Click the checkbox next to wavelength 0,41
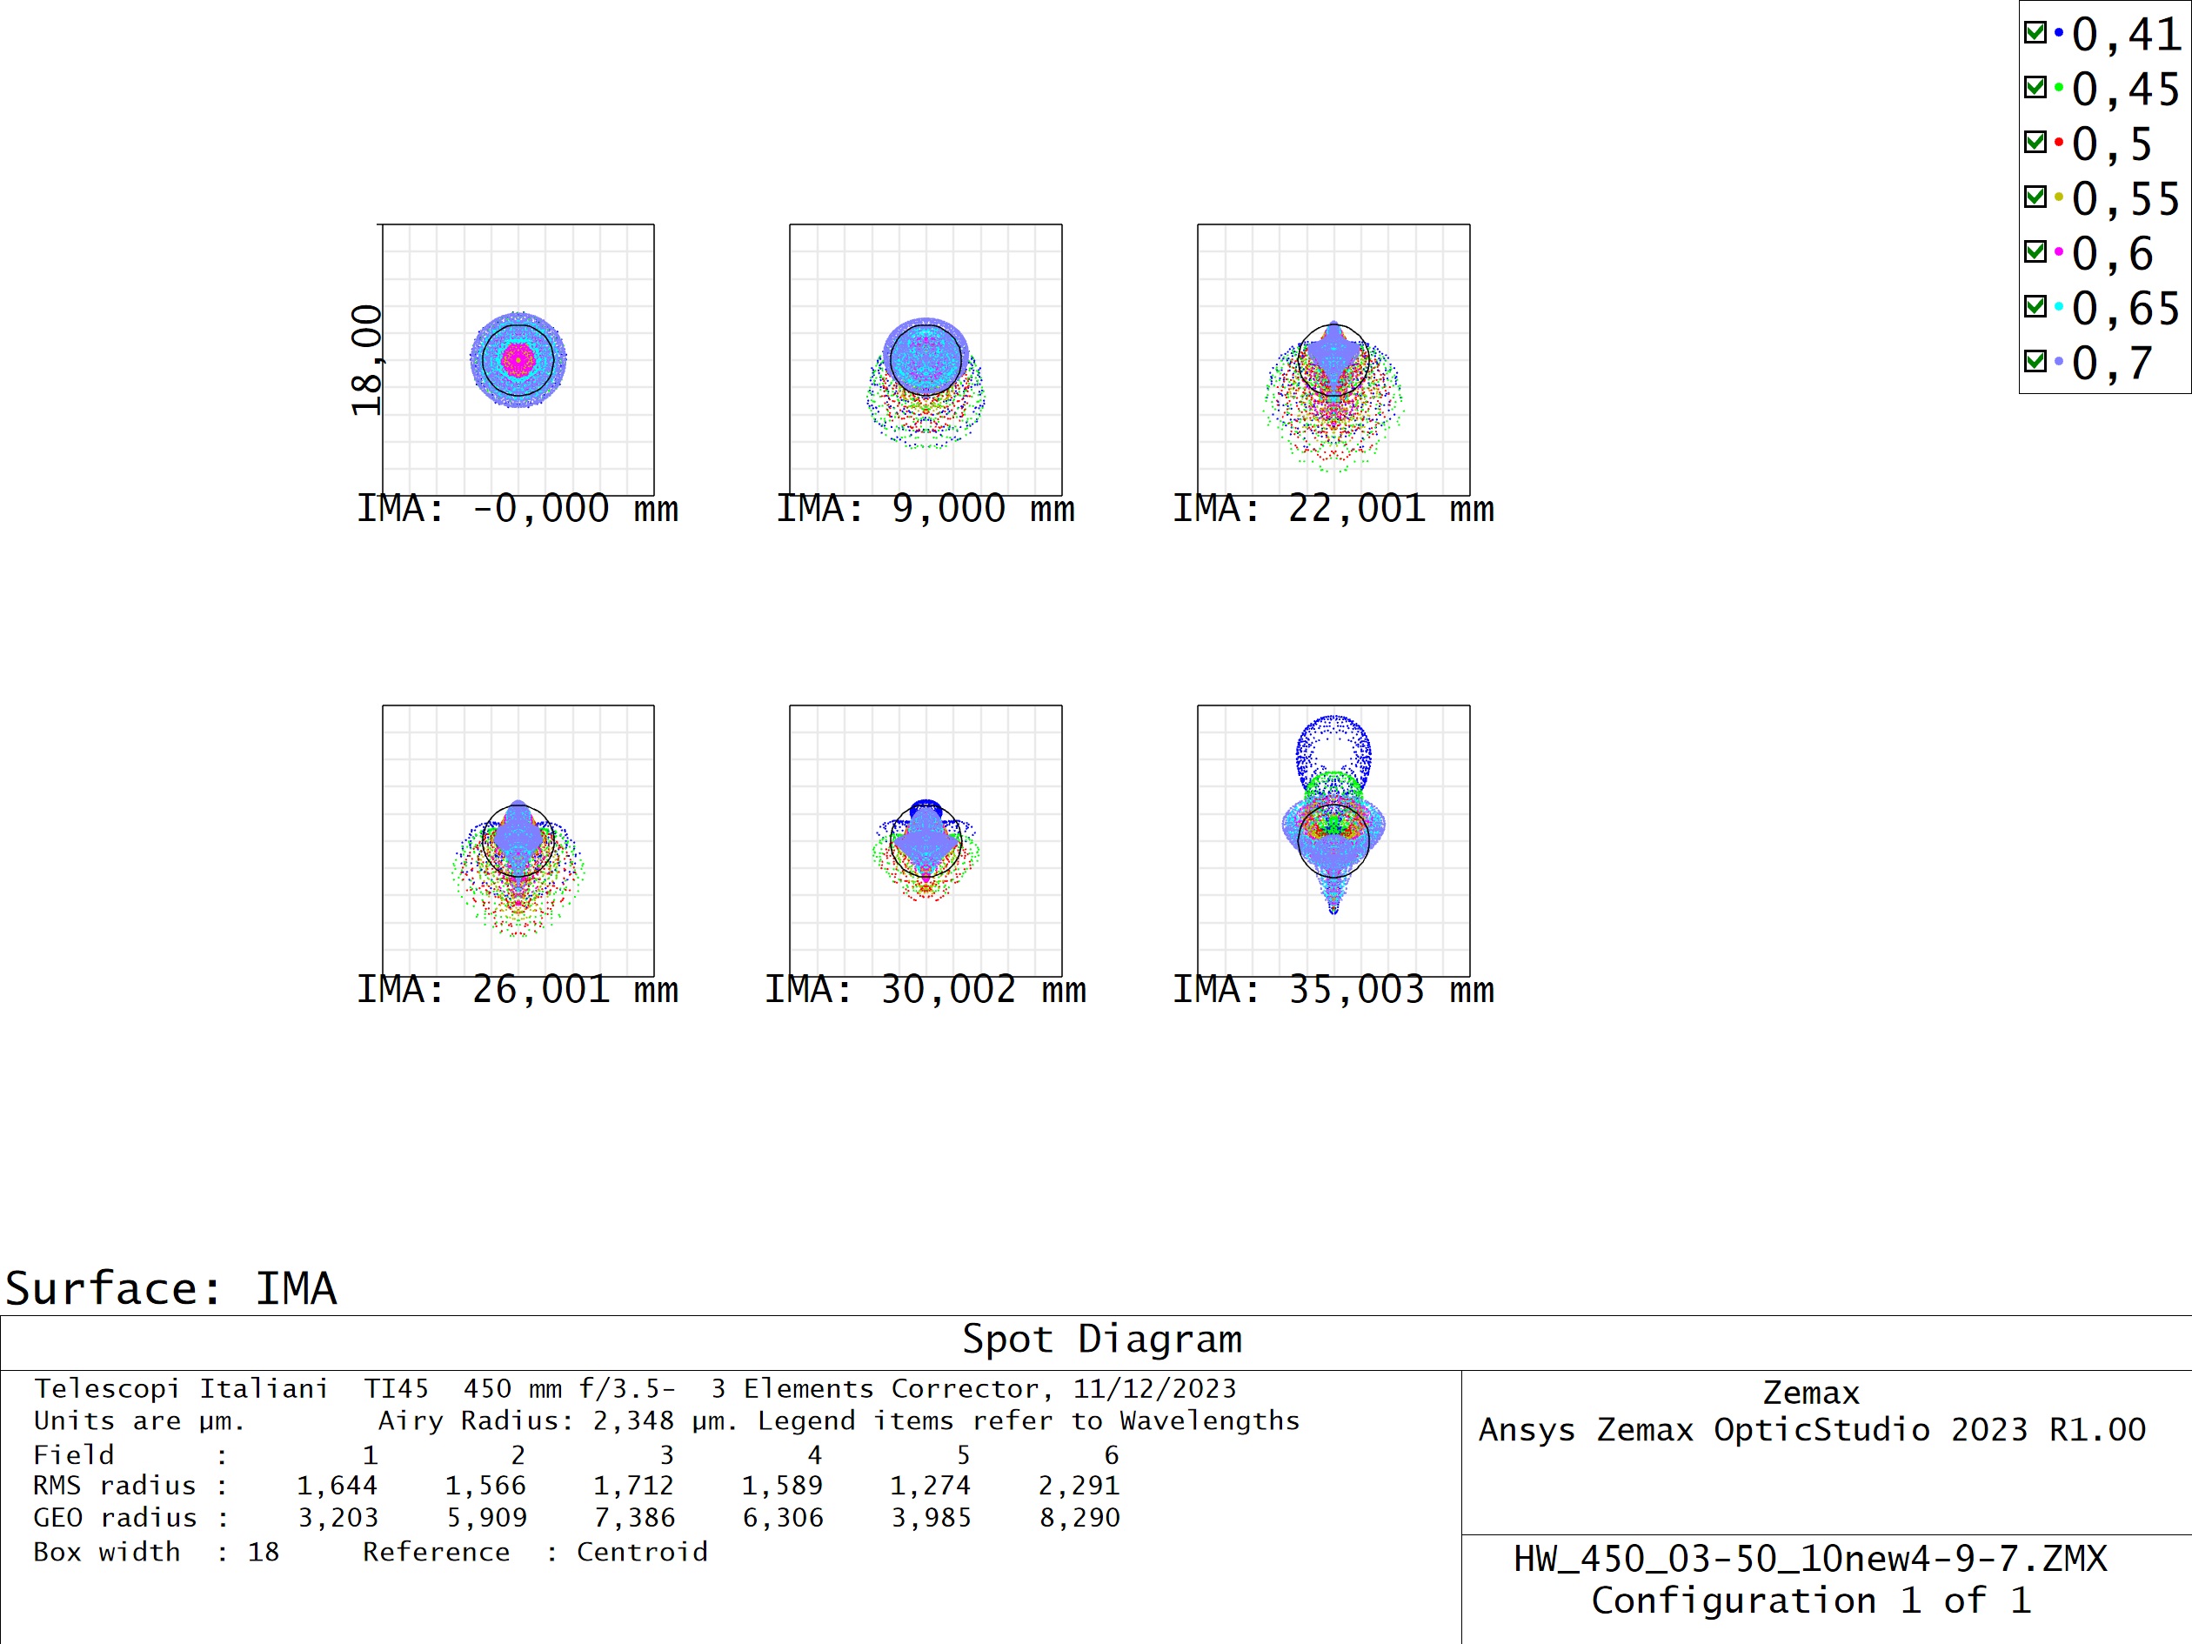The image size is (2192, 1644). (x=2035, y=34)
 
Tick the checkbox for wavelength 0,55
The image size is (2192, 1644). (x=2035, y=197)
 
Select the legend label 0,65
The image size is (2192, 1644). (x=2126, y=308)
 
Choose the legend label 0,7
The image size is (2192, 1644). (x=2112, y=363)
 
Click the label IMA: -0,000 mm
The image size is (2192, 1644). (x=518, y=510)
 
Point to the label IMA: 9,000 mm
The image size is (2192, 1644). (x=925, y=510)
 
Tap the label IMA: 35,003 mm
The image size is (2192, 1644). (x=1333, y=990)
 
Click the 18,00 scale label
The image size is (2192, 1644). (x=367, y=360)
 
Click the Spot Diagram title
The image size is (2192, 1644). (x=1102, y=1340)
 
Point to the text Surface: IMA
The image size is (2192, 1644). (x=171, y=1289)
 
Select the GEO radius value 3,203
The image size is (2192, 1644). (x=337, y=1517)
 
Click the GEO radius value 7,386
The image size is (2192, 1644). (x=634, y=1517)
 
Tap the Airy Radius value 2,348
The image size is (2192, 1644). (x=633, y=1421)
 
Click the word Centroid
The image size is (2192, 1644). (x=642, y=1552)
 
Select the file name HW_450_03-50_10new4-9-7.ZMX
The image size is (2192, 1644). (x=1809, y=1559)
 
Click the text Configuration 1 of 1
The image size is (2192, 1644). (x=1810, y=1601)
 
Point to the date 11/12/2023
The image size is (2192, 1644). (x=1154, y=1388)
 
